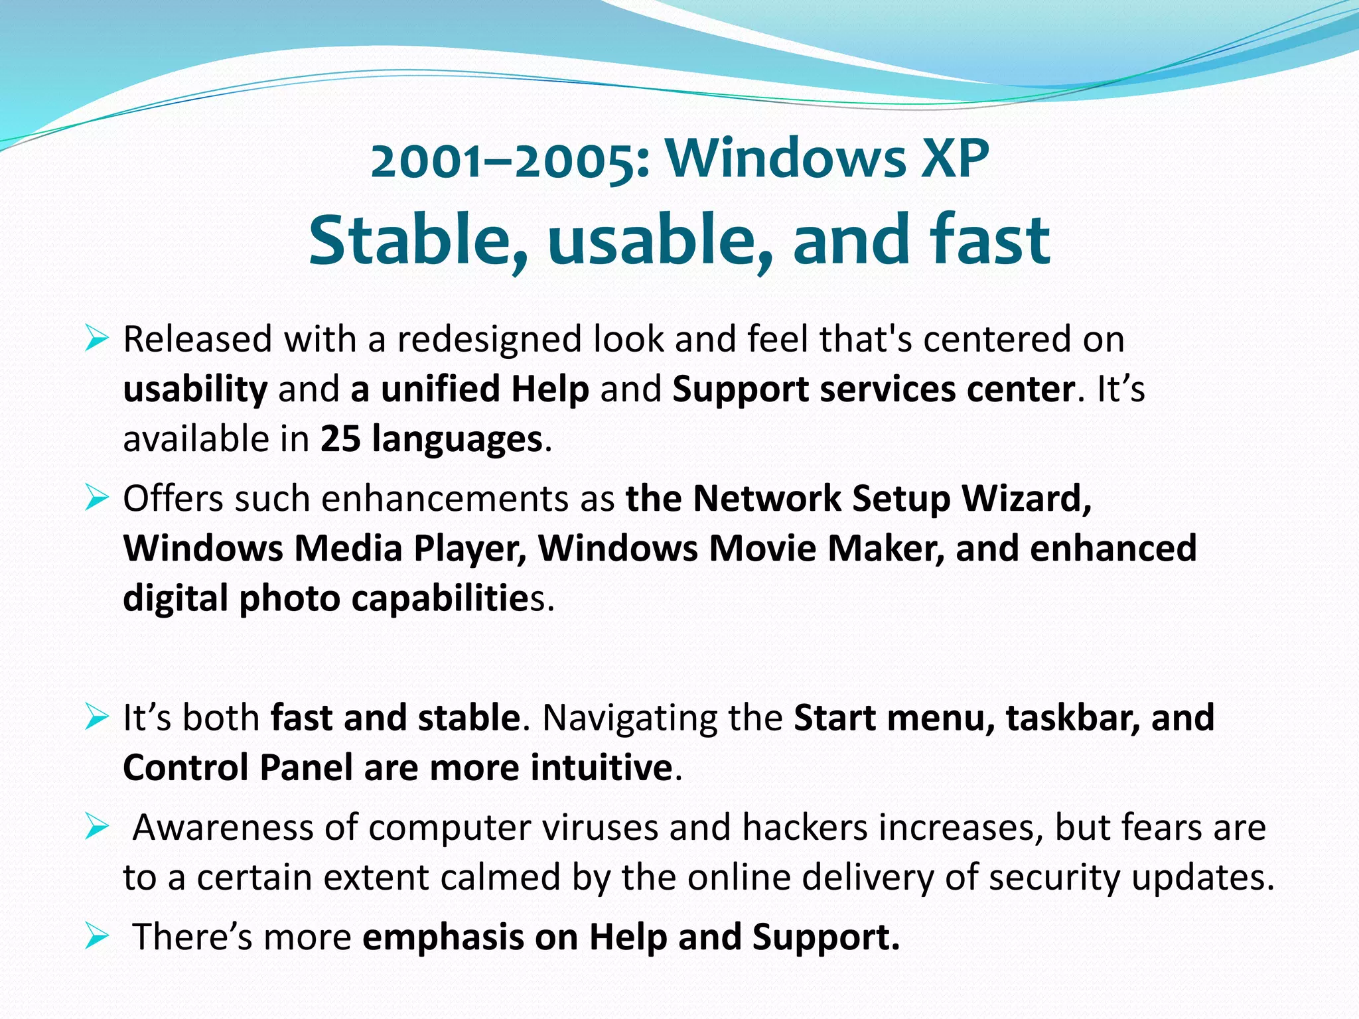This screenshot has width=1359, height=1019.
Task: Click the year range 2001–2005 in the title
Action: click(x=510, y=161)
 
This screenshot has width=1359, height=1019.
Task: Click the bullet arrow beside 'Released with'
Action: click(x=97, y=339)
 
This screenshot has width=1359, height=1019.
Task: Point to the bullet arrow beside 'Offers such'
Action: click(x=97, y=498)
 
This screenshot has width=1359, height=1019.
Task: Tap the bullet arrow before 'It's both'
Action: click(x=97, y=717)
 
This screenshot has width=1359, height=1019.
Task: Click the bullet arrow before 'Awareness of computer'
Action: click(x=97, y=827)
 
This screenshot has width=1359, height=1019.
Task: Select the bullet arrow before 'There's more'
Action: click(x=97, y=937)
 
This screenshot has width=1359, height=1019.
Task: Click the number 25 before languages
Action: click(x=340, y=439)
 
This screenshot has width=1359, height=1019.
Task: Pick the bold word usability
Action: click(x=195, y=389)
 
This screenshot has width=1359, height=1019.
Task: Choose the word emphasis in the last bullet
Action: click(x=443, y=937)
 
